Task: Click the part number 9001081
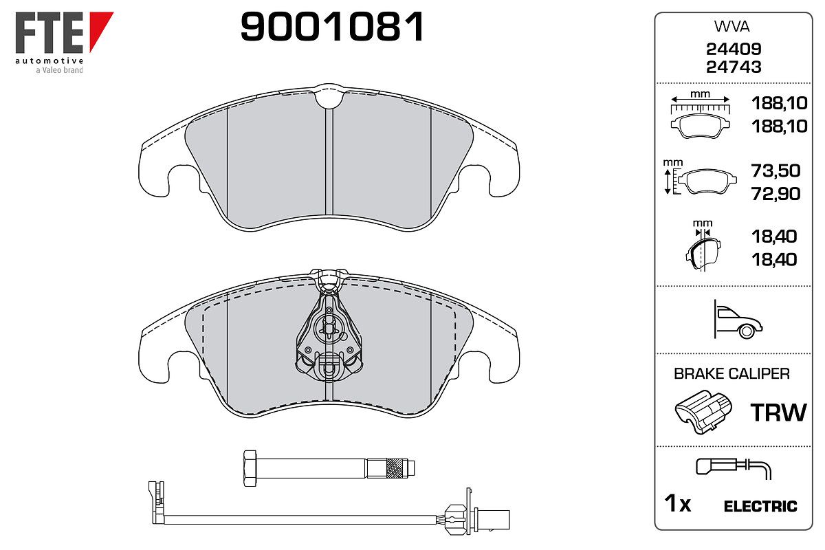coord(332,27)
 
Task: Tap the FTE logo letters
coord(49,33)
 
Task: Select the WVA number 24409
coord(734,49)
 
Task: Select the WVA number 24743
coord(734,67)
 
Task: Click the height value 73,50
coord(775,170)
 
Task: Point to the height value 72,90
coord(775,194)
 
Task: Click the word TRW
coord(778,412)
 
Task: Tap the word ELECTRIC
coord(760,507)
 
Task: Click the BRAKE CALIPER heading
coord(731,374)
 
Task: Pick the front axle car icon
coord(738,320)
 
